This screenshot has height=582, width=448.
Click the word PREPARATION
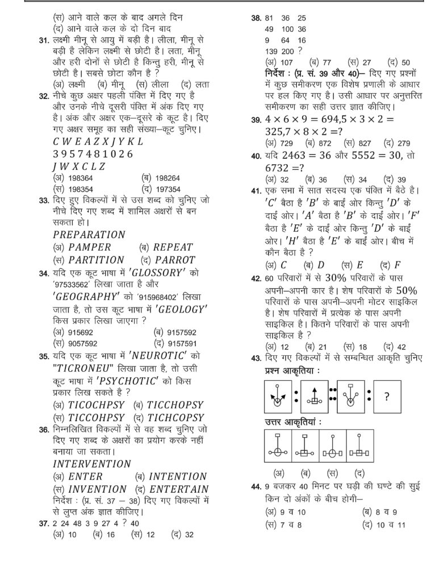89,234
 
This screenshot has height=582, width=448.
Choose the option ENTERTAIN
178,489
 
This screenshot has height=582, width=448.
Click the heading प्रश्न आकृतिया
292,370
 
